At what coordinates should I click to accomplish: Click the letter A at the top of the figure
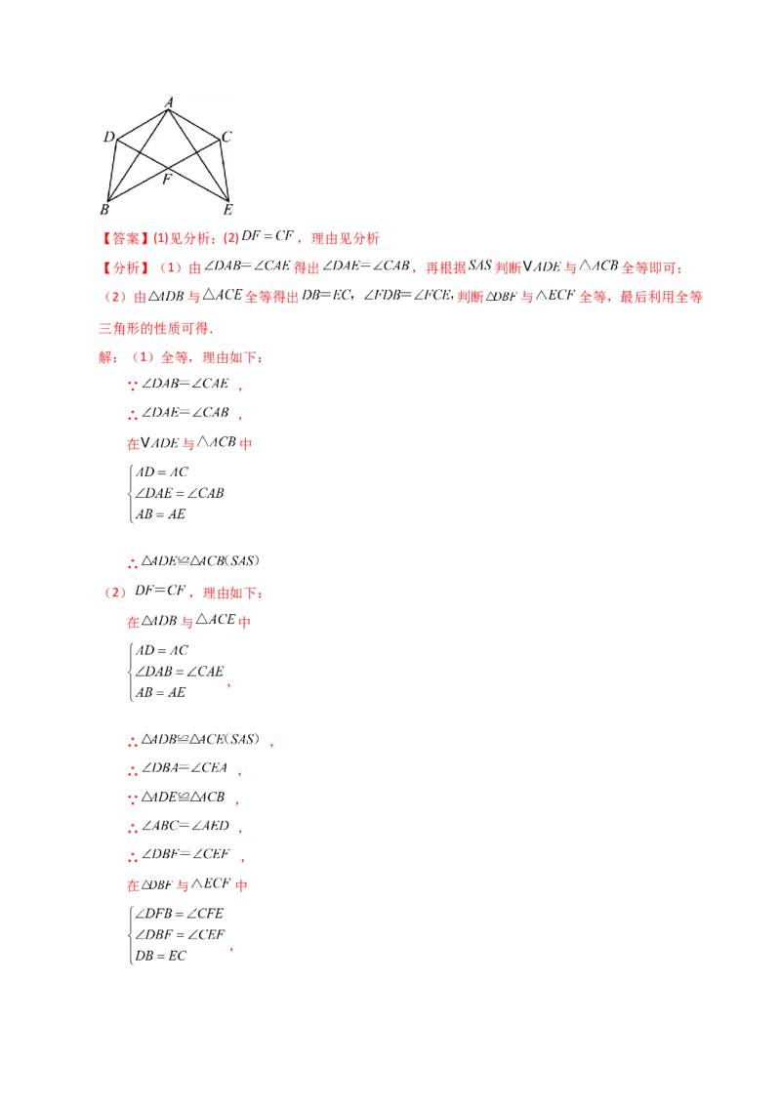(169, 102)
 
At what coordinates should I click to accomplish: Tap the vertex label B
(103, 209)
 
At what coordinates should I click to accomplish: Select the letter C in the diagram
(226, 137)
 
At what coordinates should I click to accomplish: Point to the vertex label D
(108, 137)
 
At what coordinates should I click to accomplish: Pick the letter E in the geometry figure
(228, 209)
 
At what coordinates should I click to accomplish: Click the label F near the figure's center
(167, 180)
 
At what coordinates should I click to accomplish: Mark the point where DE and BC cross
(167, 170)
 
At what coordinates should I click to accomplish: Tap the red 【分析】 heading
(124, 267)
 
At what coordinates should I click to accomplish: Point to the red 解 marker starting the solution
(100, 358)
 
